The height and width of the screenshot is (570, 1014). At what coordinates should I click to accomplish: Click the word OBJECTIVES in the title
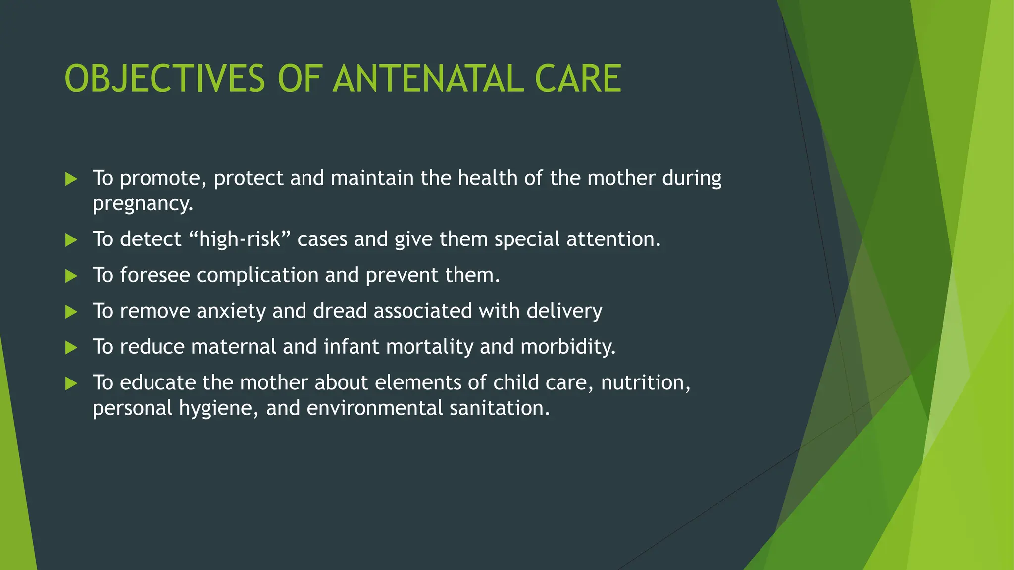coord(165,79)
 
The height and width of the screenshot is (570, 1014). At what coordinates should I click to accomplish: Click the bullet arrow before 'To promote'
coord(71,179)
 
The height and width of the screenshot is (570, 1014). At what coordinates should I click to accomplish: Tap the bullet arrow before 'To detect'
coord(71,240)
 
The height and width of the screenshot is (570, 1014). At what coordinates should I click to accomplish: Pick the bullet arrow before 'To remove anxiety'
coord(71,312)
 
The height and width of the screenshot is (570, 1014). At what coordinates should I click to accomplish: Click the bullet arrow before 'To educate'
coord(71,383)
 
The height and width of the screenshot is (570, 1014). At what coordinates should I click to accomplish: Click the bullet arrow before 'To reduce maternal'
coord(71,348)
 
